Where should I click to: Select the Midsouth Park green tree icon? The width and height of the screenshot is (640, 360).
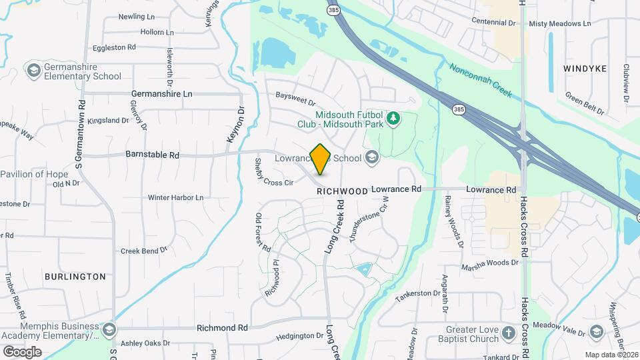[x=394, y=118]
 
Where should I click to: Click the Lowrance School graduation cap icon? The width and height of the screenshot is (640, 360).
[x=372, y=158]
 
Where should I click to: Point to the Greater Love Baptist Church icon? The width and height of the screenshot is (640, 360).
[x=508, y=332]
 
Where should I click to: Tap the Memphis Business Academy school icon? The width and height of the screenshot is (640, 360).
[x=109, y=329]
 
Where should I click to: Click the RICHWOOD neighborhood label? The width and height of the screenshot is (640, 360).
[x=342, y=191]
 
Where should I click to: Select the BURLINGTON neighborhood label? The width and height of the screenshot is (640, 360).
[x=75, y=276]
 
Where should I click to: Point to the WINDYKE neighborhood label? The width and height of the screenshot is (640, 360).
[x=585, y=69]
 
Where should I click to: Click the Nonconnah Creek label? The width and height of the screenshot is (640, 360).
[x=480, y=81]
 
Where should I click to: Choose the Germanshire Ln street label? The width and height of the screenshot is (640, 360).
[x=161, y=94]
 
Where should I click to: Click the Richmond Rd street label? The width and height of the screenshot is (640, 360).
[x=222, y=328]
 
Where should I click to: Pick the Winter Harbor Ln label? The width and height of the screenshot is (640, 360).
[x=175, y=197]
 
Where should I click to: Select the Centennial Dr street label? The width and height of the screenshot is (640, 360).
[x=493, y=22]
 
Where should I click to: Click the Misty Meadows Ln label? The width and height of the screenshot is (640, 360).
[x=559, y=23]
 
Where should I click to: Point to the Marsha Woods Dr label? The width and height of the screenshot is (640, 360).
[x=489, y=263]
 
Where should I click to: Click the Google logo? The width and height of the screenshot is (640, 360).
[x=22, y=351]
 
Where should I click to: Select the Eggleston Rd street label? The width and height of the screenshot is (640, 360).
[x=114, y=47]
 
